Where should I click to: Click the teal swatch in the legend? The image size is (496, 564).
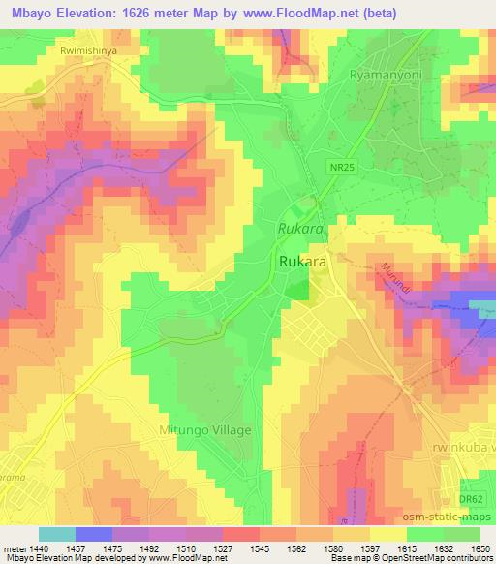[x=56, y=534]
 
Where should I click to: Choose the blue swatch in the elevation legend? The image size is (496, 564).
[x=93, y=534]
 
